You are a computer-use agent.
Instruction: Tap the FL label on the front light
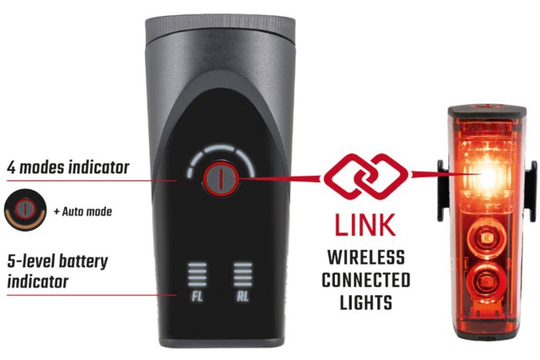pos(197,296)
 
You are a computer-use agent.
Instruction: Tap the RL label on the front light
pos(242,296)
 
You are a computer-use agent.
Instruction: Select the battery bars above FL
pos(197,274)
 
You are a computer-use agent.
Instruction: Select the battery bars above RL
pos(243,274)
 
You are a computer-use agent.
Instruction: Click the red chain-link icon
pos(366,177)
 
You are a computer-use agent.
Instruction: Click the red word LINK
pos(365,225)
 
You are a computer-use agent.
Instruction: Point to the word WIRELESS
pos(366,257)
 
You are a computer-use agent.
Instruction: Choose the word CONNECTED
pos(366,280)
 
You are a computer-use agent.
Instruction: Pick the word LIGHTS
pos(366,302)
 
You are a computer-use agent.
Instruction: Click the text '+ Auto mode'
pos(83,211)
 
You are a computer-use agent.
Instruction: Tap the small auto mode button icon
pos(25,210)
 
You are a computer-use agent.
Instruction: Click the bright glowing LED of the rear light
pos(488,178)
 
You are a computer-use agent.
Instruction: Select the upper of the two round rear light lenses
pos(486,238)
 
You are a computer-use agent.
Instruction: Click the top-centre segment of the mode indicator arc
pos(220,149)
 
